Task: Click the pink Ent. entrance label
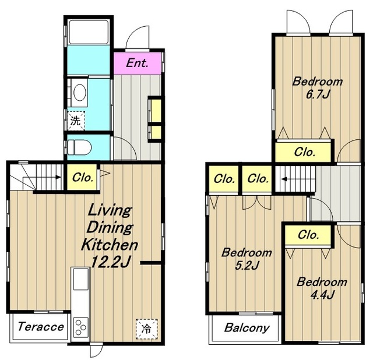(x=138, y=63)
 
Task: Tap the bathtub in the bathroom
(x=89, y=32)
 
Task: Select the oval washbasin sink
(x=80, y=93)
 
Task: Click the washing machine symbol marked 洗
(x=76, y=121)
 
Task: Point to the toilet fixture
(x=79, y=147)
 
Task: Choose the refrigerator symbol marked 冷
(x=146, y=329)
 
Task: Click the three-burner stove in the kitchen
(x=80, y=327)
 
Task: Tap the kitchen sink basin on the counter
(x=81, y=279)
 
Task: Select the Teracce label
(x=41, y=327)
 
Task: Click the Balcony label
(x=247, y=328)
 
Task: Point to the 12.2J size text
(x=111, y=262)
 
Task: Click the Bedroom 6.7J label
(x=318, y=88)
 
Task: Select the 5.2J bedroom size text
(x=247, y=266)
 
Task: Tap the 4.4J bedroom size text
(x=322, y=295)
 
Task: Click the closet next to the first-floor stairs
(x=82, y=178)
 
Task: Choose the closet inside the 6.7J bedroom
(x=304, y=152)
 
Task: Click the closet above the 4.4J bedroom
(x=308, y=235)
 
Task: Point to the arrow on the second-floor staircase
(x=284, y=179)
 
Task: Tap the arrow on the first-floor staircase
(x=57, y=177)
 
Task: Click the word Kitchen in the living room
(x=110, y=245)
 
